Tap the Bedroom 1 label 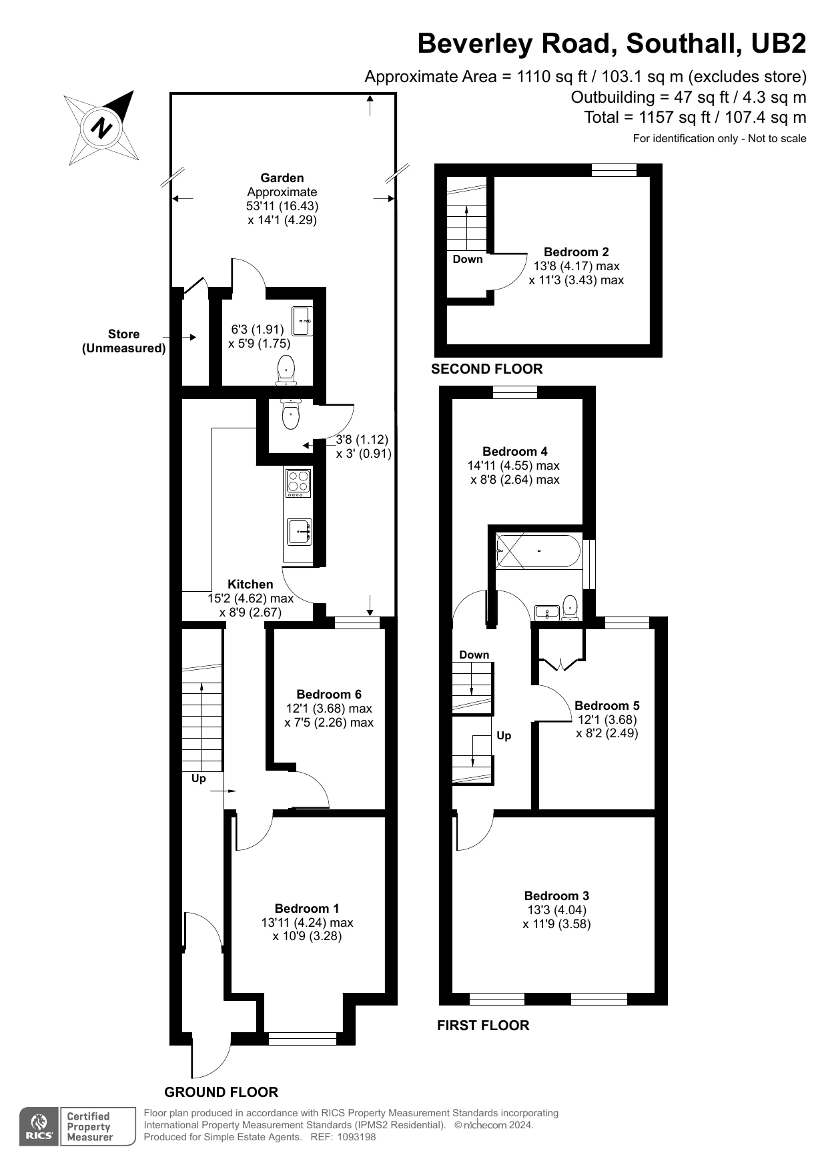[x=307, y=908]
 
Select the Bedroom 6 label [x=329, y=694]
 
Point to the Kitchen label [x=250, y=584]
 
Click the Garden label [x=282, y=177]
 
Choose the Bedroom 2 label [x=576, y=252]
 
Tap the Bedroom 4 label [x=515, y=451]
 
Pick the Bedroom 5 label [x=607, y=705]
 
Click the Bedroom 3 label [x=556, y=895]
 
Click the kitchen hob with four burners [x=298, y=483]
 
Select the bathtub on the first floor [x=539, y=551]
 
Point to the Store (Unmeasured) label [x=124, y=341]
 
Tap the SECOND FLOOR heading [x=487, y=368]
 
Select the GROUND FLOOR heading [x=222, y=1092]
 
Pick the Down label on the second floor [x=468, y=259]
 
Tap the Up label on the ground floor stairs [x=199, y=778]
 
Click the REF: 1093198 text [x=344, y=1137]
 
